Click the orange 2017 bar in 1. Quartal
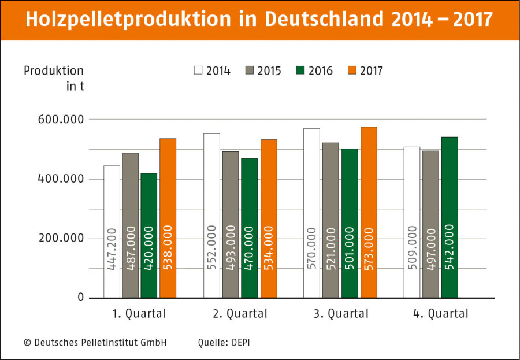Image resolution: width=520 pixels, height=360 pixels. coord(168,218)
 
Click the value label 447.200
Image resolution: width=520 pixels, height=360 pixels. coord(112,248)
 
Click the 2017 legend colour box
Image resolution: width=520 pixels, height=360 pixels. coord(351,70)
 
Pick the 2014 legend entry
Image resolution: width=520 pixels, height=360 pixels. coord(212,70)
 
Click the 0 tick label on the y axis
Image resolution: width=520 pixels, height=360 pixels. coord(80,298)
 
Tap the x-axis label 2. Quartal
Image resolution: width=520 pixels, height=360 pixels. coord(239,314)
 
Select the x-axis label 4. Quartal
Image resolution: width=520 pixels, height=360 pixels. coord(440,314)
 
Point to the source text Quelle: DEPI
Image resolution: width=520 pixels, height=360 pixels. coord(224,342)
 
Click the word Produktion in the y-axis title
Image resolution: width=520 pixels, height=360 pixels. coord(54,70)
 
